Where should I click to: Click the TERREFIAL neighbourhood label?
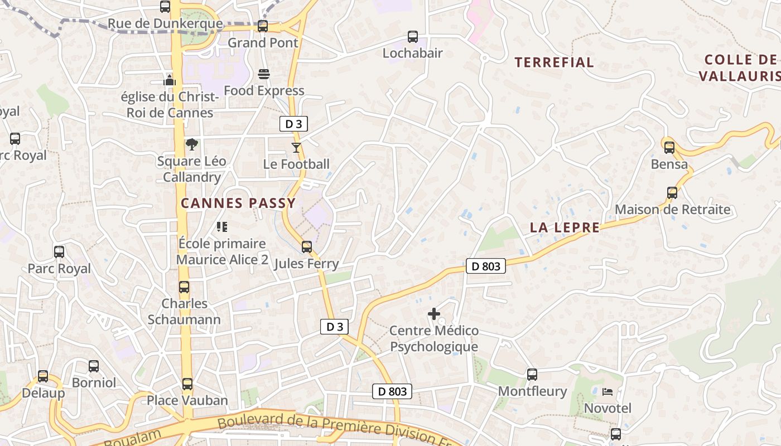click(554, 62)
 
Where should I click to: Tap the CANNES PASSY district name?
click(238, 203)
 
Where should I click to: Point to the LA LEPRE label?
click(565, 227)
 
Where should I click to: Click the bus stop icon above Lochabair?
click(413, 37)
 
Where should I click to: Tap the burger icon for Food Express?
click(264, 75)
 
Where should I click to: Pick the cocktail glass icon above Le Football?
click(296, 148)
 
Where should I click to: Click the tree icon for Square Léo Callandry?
click(192, 145)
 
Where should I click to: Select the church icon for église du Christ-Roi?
click(170, 80)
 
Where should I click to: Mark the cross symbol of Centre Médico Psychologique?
click(434, 314)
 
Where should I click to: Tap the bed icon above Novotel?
click(608, 392)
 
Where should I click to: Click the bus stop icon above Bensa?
click(669, 148)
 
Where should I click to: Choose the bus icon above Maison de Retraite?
click(672, 193)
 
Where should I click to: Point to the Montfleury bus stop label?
click(532, 391)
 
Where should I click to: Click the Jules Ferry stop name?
click(306, 264)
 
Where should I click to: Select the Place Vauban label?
click(187, 400)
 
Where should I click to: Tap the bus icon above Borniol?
click(94, 367)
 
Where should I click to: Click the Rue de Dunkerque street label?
click(165, 24)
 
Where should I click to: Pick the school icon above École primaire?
click(222, 227)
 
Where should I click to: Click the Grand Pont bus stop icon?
click(263, 26)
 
